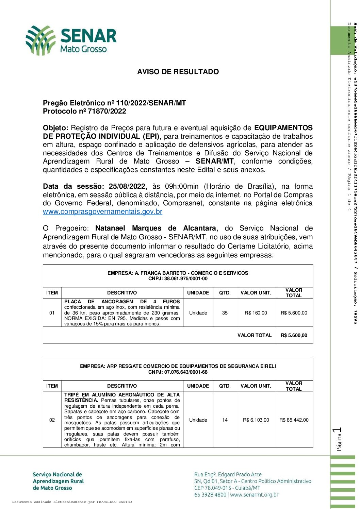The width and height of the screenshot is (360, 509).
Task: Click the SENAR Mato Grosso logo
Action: [x=71, y=40]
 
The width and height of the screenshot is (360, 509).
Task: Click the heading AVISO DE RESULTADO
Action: [x=178, y=72]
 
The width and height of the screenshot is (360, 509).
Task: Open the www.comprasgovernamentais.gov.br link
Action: [x=102, y=211]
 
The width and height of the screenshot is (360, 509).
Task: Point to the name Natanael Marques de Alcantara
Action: [x=155, y=228]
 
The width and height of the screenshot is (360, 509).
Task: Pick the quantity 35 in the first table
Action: [x=225, y=313]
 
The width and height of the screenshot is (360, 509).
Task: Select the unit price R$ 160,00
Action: [x=256, y=313]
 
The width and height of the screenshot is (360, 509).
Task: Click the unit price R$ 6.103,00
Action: [x=256, y=420]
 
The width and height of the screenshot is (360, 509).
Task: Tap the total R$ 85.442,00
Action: [x=294, y=420]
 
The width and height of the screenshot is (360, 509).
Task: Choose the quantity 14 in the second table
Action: [x=225, y=420]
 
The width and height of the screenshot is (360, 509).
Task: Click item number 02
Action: [x=52, y=420]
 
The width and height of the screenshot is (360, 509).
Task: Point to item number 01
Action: [x=52, y=313]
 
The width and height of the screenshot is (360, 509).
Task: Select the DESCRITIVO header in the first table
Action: [x=122, y=293]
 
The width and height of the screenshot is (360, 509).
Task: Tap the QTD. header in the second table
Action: [x=225, y=386]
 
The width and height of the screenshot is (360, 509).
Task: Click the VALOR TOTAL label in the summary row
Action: [x=255, y=335]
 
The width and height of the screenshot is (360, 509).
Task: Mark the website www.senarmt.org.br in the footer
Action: [x=254, y=495]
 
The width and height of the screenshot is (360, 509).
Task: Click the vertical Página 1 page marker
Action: [x=338, y=439]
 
